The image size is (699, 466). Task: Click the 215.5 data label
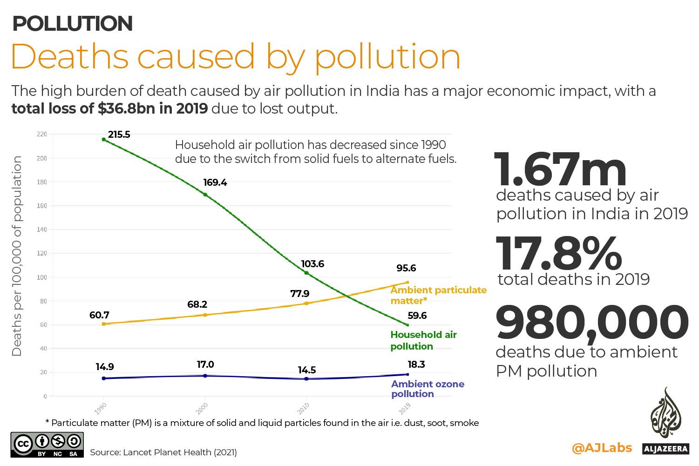(119, 135)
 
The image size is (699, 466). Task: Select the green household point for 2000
(205, 195)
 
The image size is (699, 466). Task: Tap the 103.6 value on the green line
(312, 264)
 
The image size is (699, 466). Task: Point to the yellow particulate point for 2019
(407, 282)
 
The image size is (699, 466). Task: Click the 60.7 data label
(99, 315)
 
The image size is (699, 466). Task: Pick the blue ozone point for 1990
(103, 378)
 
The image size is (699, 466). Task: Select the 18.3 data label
(416, 365)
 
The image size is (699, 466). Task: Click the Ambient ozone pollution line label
(428, 389)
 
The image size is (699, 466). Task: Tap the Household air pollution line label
(423, 340)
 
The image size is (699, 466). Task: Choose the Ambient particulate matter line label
(438, 295)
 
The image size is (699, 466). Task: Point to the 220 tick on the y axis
(42, 134)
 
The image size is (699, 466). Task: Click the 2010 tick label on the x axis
(304, 409)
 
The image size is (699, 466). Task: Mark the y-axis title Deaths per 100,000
(17, 256)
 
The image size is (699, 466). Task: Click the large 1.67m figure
(560, 170)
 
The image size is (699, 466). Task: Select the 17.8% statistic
(559, 254)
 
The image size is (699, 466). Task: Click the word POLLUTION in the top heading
(73, 24)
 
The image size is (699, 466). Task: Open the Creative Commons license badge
(47, 445)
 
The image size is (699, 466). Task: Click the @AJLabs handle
(602, 448)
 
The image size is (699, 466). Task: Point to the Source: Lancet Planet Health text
(163, 452)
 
